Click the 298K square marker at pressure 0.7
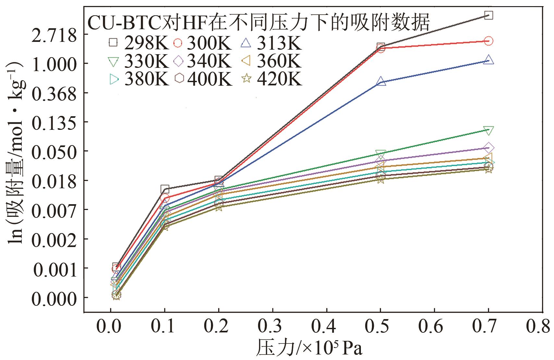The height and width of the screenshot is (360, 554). point(488,15)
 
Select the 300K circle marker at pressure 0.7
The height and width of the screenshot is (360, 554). point(488,41)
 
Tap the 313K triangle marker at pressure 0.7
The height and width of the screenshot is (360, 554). point(488,60)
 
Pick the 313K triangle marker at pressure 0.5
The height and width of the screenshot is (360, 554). point(381,81)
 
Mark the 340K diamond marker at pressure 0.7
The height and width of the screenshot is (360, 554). point(488,148)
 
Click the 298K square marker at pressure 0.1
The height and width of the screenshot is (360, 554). point(165,189)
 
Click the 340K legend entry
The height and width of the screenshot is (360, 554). point(203,61)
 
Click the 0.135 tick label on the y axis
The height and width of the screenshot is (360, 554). point(54,122)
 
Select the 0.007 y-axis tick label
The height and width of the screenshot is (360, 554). point(54,210)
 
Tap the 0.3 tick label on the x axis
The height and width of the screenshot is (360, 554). point(273,327)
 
